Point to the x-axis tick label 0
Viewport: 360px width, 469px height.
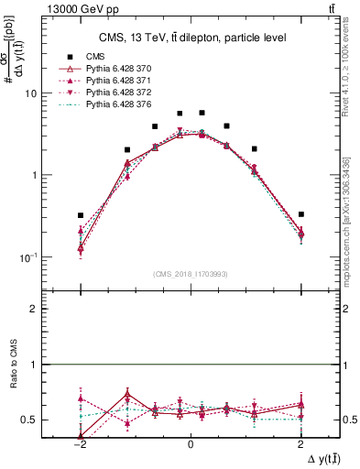(x=190, y=442)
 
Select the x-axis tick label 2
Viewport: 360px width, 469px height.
(x=300, y=442)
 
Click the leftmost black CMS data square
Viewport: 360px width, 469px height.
(x=81, y=215)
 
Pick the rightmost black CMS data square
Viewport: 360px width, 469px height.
(x=300, y=214)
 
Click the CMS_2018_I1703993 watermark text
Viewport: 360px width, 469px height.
(x=190, y=273)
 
